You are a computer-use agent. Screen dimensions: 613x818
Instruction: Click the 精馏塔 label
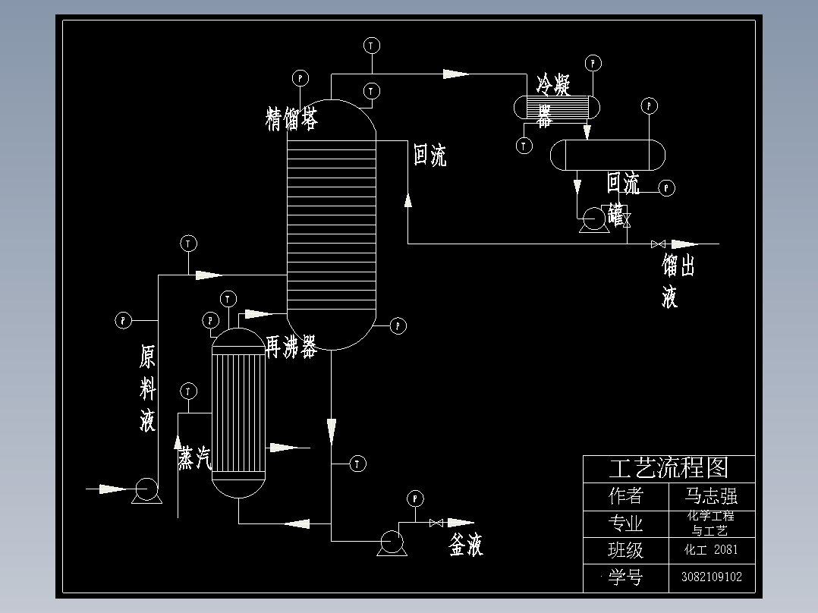291,119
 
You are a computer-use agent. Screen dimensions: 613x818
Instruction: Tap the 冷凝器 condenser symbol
557,105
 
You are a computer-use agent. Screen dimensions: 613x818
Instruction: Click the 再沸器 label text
291,347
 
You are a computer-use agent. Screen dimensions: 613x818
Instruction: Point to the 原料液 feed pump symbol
145,490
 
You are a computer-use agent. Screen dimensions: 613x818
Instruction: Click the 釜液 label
466,545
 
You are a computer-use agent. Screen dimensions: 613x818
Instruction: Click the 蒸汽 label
194,457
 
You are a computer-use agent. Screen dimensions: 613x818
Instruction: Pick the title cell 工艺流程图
669,468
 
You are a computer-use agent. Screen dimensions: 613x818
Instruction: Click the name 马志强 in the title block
711,496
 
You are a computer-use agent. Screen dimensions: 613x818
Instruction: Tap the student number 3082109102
712,577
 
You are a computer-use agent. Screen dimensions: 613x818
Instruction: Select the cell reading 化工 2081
711,550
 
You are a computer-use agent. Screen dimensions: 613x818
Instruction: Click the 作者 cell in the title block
626,496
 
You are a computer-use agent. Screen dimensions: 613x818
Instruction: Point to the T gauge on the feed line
188,244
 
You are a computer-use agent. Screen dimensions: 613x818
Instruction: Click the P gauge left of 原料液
123,320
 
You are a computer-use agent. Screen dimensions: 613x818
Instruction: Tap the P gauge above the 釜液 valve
415,498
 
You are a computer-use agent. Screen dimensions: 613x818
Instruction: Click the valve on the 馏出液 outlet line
658,244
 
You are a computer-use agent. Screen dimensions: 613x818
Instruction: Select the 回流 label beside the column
429,155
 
